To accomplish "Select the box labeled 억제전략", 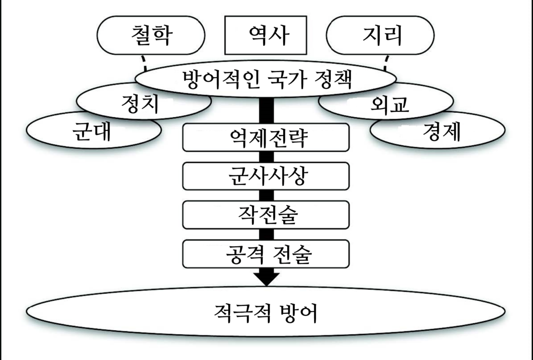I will pos(266,137).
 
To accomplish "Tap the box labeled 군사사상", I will pos(266,177).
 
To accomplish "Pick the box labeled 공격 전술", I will pos(266,254).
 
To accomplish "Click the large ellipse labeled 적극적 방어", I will pos(266,312).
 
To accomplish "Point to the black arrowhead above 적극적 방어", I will pos(266,277).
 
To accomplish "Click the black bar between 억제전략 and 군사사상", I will pos(266,157).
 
